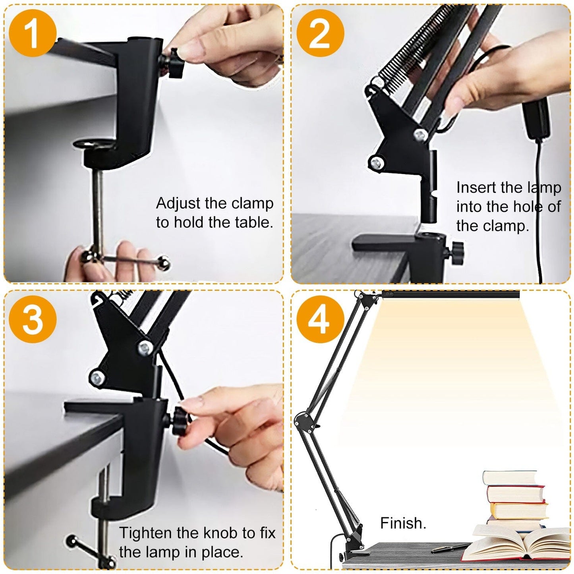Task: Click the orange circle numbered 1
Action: [33, 33]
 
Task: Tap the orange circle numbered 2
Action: [320, 33]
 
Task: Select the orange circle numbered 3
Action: [33, 319]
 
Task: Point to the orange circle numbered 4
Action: [320, 319]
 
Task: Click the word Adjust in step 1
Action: [178, 203]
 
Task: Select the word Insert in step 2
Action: [476, 187]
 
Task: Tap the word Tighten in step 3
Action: [145, 533]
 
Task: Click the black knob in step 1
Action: [174, 63]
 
